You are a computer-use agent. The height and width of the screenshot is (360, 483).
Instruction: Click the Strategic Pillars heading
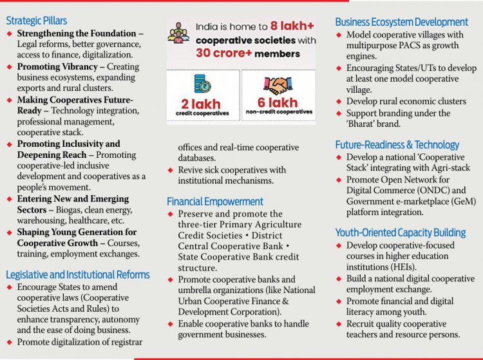tap(36, 21)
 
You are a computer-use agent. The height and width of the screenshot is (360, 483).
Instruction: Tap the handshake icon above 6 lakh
tap(279, 86)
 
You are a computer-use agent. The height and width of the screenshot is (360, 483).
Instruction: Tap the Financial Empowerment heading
tap(215, 202)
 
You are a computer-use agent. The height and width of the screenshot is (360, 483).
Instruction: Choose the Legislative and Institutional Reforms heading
tap(77, 275)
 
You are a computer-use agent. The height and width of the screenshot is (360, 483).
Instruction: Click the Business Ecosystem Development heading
tap(401, 22)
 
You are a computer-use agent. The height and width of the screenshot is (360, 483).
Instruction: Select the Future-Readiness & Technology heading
tap(397, 145)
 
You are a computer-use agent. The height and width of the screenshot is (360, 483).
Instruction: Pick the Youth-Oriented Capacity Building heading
tap(400, 232)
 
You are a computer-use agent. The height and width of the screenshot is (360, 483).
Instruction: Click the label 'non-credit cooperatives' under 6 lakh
tap(279, 112)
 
